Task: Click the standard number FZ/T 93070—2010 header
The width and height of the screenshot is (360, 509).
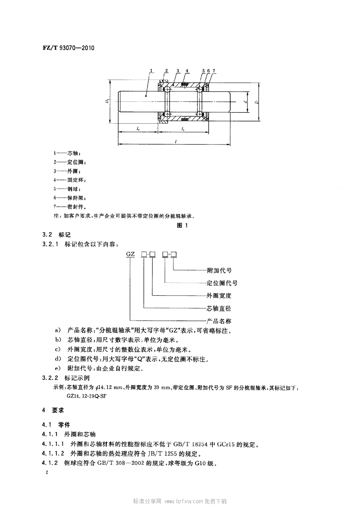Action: click(x=66, y=49)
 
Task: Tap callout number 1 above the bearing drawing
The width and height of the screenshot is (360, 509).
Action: click(x=151, y=71)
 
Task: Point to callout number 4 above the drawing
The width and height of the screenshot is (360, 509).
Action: click(x=186, y=71)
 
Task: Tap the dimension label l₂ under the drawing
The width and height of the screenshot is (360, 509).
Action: click(x=138, y=129)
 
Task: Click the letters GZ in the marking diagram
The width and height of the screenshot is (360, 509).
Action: click(x=130, y=254)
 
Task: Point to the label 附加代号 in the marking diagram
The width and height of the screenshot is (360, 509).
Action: click(x=219, y=271)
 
